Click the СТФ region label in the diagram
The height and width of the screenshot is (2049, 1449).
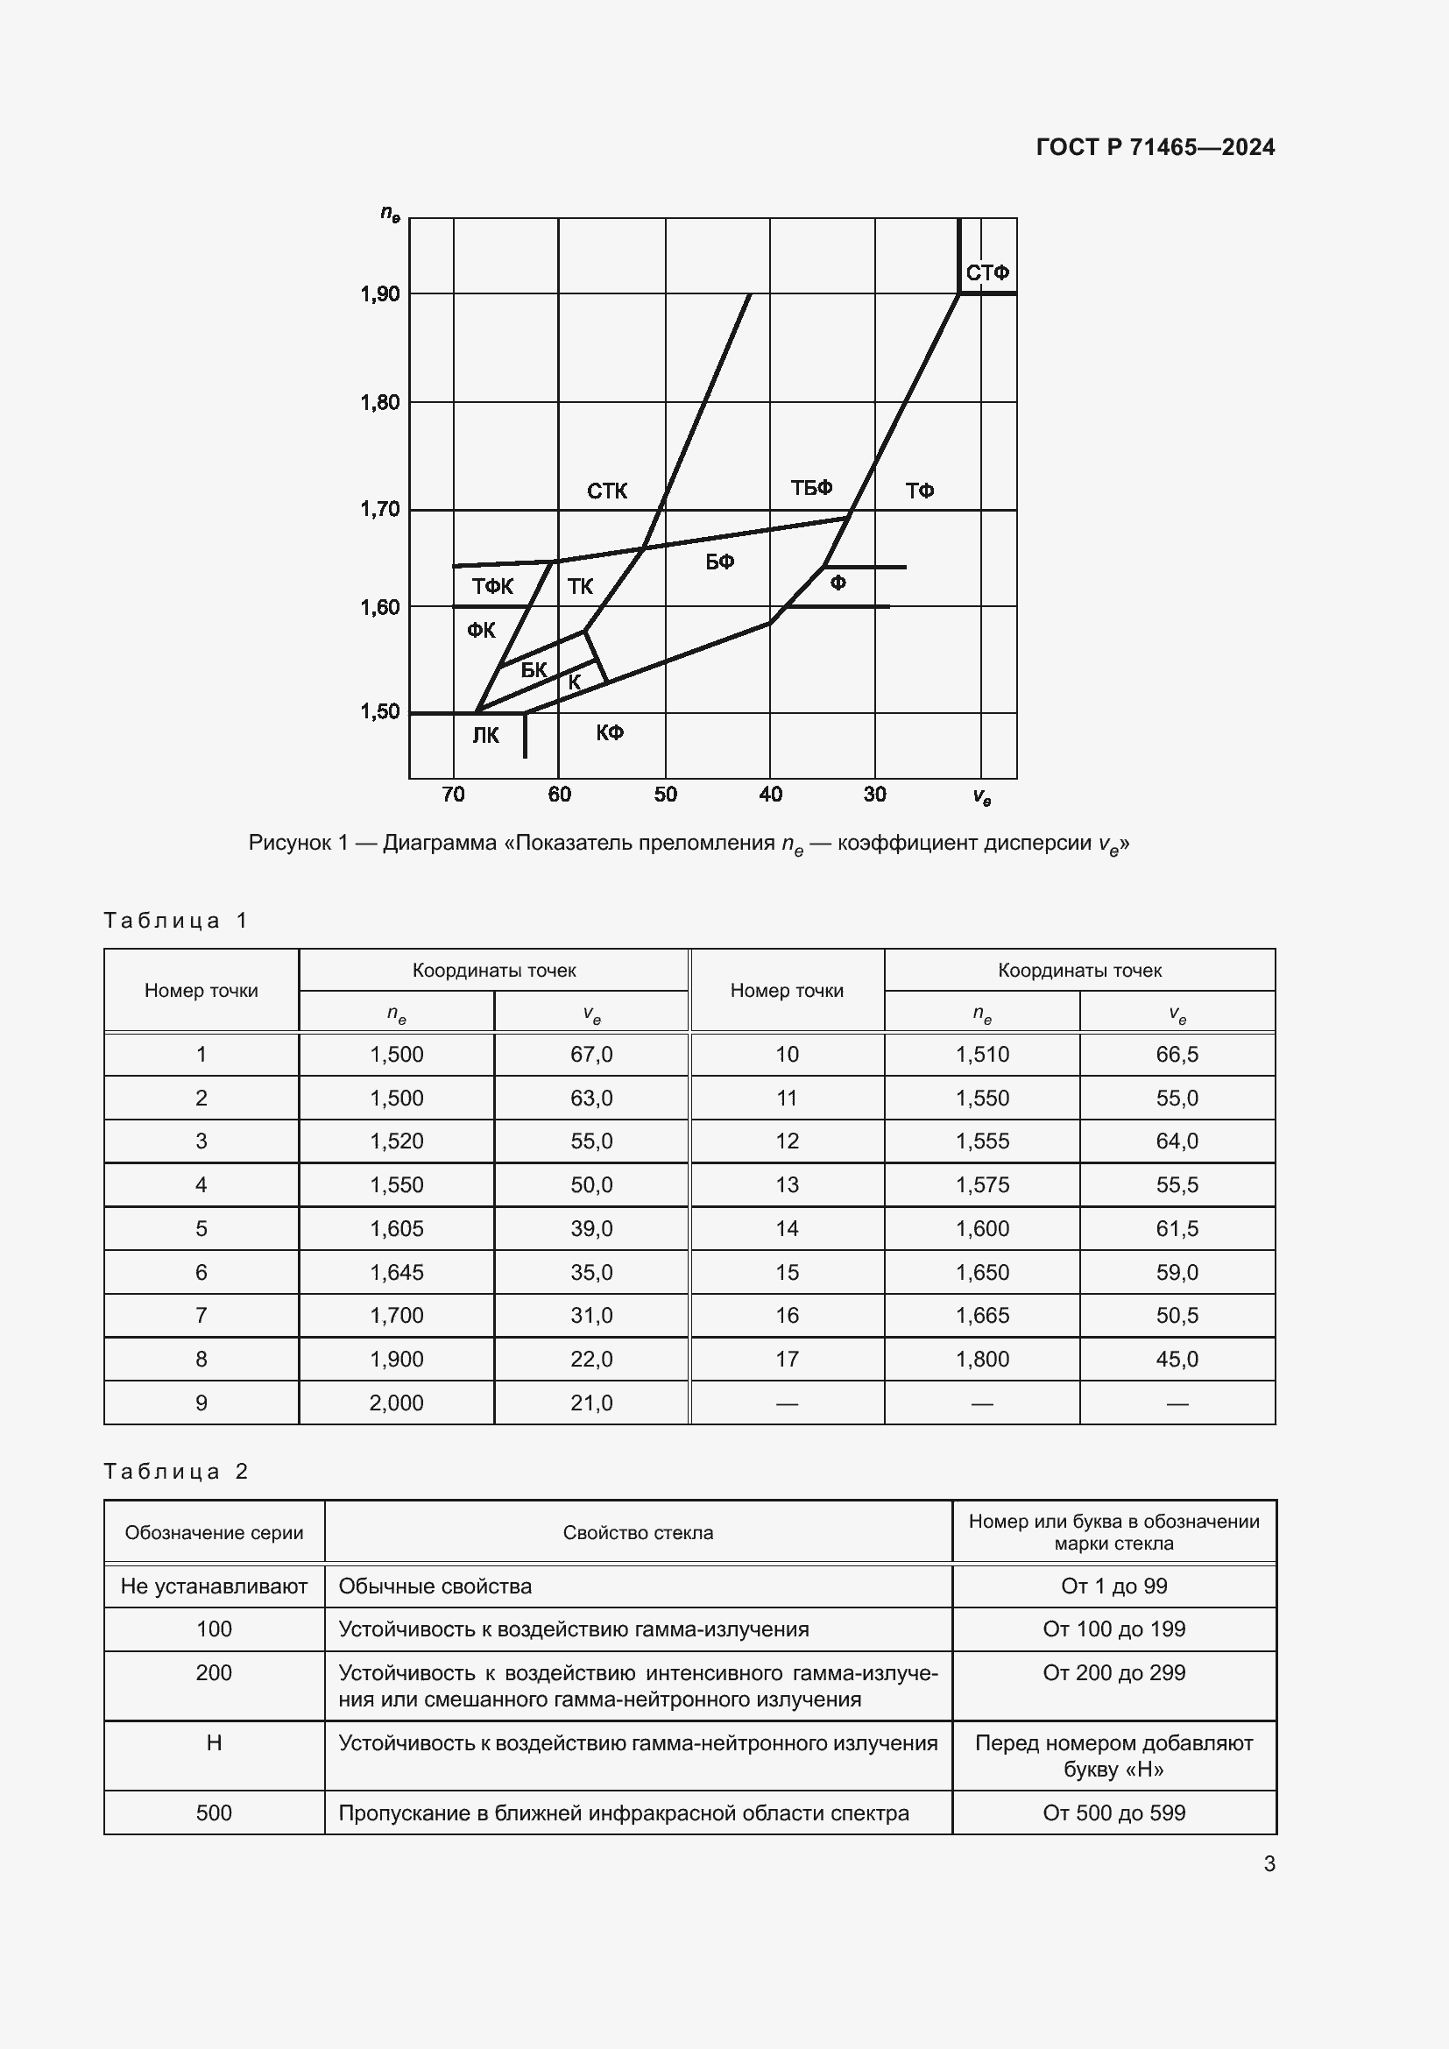(986, 273)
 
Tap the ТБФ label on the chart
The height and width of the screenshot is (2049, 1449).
(811, 488)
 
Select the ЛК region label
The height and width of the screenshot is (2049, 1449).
(485, 735)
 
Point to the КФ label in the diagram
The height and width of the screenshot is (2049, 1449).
(610, 732)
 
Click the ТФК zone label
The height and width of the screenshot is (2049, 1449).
(492, 586)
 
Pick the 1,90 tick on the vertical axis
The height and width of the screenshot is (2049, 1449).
(380, 293)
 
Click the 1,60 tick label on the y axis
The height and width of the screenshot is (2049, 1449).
(380, 608)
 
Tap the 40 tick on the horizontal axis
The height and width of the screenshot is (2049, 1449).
(770, 795)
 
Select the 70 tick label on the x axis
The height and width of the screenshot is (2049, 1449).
(453, 795)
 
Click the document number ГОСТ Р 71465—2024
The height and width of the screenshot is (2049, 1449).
(1156, 147)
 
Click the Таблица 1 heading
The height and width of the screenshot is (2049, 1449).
(175, 920)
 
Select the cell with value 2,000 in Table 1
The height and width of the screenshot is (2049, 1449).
(396, 1403)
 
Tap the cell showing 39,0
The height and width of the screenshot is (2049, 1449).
(591, 1228)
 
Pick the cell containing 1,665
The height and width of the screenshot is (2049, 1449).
(981, 1316)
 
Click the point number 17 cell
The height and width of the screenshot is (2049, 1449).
(787, 1360)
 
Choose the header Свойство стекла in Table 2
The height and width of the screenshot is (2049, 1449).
(638, 1532)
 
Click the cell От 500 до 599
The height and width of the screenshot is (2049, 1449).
(1113, 1812)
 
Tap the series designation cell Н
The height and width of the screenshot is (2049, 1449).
(214, 1743)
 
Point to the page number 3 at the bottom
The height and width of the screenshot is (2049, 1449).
(1269, 1863)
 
